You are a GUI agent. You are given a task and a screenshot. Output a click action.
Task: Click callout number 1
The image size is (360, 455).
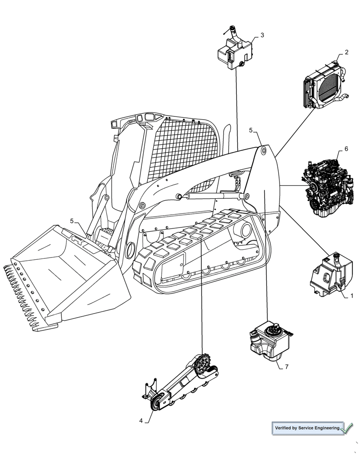351,296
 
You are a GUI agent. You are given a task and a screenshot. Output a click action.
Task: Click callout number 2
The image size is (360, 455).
346,52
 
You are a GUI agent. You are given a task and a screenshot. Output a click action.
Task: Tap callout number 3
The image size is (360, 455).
262,35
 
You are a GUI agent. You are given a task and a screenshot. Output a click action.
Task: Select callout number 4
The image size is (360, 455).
141,421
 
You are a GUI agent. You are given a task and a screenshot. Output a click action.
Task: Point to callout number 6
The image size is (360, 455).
346,149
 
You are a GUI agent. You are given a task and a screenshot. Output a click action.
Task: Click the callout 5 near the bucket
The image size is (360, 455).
72,221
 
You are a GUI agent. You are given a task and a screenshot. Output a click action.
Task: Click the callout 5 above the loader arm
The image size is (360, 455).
251,130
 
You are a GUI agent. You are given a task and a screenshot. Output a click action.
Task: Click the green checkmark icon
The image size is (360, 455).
347,428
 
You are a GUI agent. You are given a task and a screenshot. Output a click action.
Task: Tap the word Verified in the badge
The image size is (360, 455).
284,428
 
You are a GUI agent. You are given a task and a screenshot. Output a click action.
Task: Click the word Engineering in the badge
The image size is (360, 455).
325,428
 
